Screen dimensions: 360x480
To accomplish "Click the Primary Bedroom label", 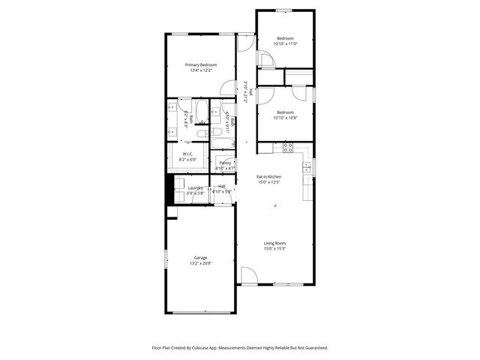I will pos(201,65).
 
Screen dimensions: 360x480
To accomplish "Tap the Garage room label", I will pos(200,257).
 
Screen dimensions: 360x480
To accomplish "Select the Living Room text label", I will pos(274,243).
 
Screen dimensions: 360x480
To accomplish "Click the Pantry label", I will pos(225,163).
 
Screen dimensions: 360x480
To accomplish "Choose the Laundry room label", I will pos(195,187).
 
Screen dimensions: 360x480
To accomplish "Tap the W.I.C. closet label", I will pos(188,154).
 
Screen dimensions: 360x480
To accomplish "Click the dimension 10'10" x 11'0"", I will pos(285,44).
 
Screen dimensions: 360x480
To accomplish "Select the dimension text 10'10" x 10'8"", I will pos(285,118).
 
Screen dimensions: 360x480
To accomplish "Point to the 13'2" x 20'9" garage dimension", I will pos(200,263).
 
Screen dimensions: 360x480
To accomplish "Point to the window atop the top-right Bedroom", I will pos(283,10).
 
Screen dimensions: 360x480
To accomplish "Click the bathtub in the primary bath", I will pos(223,142).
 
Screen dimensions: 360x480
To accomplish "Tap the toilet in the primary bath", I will pos(202,133).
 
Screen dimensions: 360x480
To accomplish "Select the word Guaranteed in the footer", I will pos(313,348).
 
